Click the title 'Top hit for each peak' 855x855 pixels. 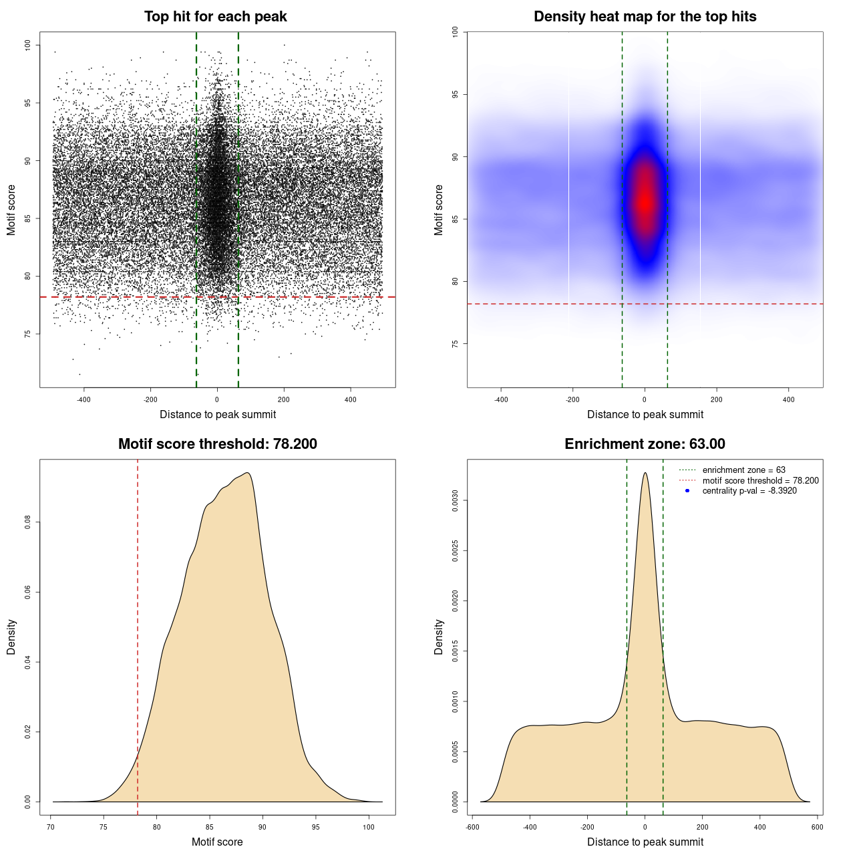click(215, 17)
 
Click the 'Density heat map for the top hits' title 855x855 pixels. click(645, 17)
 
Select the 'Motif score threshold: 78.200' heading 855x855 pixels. click(217, 444)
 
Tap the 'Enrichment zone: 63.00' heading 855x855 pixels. click(645, 444)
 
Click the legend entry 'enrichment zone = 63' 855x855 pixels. click(743, 470)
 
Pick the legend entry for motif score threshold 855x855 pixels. click(760, 480)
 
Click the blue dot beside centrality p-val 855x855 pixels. click(687, 491)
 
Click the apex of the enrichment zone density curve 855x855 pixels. click(645, 473)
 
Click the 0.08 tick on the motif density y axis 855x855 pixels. click(28, 522)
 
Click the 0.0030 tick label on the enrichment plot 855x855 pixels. click(456, 500)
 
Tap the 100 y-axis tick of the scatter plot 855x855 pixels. click(28, 45)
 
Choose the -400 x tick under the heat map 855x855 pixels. click(501, 399)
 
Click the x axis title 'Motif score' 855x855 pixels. click(217, 842)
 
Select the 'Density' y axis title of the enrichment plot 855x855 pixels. click(439, 637)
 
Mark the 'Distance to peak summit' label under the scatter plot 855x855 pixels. click(218, 414)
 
